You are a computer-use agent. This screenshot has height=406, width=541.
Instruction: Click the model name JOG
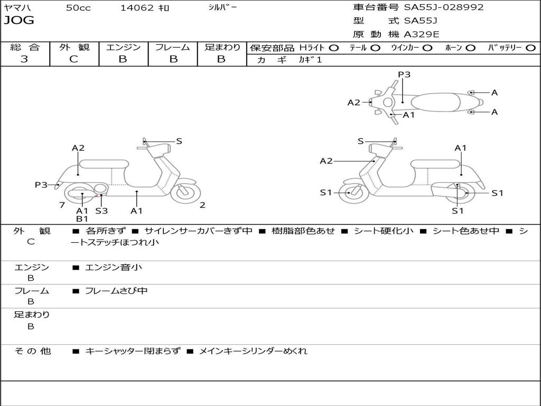[x=19, y=21]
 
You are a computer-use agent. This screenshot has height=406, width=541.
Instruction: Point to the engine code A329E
[x=421, y=34]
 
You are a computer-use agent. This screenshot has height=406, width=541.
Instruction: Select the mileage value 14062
[x=137, y=8]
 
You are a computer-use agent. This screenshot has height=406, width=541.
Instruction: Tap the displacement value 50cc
[x=78, y=8]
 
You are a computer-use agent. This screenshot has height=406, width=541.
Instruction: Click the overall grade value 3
[x=24, y=59]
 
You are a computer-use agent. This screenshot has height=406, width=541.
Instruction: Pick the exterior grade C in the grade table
[x=74, y=59]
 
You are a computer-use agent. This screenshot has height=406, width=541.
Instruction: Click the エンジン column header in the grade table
[x=124, y=47]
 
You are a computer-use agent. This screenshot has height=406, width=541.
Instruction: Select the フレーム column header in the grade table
[x=173, y=47]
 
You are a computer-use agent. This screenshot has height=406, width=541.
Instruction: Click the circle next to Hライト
[x=334, y=48]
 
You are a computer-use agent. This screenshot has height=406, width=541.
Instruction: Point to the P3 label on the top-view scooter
[x=404, y=75]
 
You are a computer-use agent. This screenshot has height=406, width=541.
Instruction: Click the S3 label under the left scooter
[x=101, y=210]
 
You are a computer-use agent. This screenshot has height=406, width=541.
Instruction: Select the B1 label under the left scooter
[x=82, y=218]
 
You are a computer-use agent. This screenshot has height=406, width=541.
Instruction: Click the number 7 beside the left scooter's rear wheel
[x=62, y=205]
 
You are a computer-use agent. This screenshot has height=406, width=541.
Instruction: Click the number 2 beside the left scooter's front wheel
[x=202, y=205]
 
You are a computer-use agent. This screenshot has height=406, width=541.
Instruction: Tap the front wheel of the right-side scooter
[x=350, y=193]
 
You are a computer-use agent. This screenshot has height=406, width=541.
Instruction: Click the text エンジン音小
[x=113, y=267]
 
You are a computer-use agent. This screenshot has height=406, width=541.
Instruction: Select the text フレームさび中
[x=116, y=291]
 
